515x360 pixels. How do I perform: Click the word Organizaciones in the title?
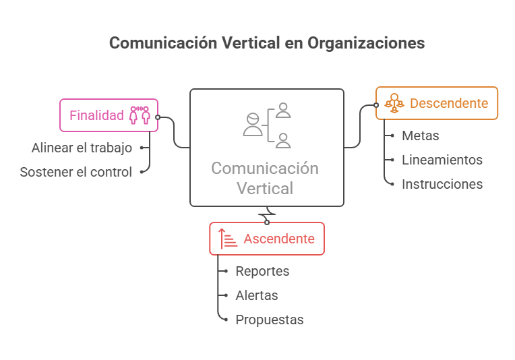366,43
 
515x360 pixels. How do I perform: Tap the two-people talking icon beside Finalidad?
140,115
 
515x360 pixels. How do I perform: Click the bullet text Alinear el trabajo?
82,148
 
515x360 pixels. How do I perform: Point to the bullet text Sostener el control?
76,172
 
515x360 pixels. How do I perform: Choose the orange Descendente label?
449,103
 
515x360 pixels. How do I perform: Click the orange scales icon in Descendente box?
394,103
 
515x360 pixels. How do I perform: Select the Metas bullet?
421,136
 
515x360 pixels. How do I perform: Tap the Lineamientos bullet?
442,160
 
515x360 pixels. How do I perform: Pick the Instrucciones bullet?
442,184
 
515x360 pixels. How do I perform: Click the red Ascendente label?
279,239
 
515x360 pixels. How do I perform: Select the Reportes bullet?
262,271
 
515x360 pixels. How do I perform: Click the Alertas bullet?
257,296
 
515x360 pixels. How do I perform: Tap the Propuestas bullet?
270,320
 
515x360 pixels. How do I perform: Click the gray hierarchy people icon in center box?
267,126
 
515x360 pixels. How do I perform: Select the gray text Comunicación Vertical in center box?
265,179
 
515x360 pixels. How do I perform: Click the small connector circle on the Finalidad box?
158,117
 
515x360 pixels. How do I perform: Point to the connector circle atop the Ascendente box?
267,222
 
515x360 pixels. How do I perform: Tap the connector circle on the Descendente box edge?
376,105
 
